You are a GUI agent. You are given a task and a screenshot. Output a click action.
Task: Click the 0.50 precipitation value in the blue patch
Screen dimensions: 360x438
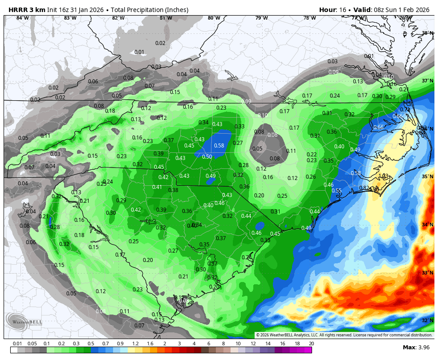[207, 156]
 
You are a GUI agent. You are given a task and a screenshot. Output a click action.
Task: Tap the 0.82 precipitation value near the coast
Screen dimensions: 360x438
[364, 188]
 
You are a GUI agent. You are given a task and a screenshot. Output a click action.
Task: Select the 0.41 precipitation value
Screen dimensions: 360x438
[157, 187]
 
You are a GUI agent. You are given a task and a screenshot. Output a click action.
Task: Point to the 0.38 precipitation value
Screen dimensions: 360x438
[173, 190]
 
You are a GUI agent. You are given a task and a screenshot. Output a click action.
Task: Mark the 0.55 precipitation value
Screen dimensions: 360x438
[337, 190]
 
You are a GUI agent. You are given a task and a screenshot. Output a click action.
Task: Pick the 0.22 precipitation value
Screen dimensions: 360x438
[312, 154]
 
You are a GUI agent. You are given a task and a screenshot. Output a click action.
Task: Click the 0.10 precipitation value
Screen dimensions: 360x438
[263, 115]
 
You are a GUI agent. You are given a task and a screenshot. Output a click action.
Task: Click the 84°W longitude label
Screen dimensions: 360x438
[22, 18]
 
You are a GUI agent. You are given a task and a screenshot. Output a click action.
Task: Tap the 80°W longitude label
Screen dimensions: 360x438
[214, 18]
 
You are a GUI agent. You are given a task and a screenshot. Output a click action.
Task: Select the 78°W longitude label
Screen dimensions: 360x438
[309, 18]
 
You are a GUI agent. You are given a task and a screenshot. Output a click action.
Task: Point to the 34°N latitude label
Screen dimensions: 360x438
[427, 225]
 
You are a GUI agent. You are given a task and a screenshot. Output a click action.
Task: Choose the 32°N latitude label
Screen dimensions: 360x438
[427, 320]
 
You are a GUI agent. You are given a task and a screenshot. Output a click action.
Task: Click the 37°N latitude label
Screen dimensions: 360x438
[427, 81]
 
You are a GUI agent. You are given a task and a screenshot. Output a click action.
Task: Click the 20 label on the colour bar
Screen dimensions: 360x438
[311, 344]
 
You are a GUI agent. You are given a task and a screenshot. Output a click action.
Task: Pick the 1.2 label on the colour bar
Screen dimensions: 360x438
[135, 344]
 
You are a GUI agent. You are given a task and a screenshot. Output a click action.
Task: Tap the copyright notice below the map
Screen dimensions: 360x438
[344, 335]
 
